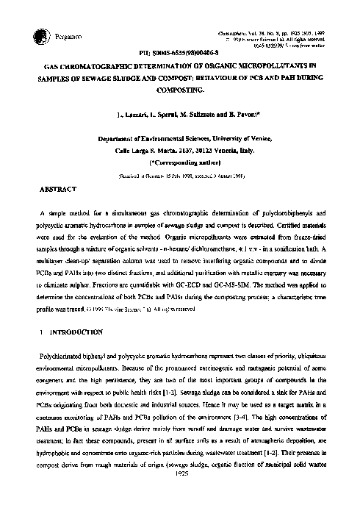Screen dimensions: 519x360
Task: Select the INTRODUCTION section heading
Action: click(66, 312)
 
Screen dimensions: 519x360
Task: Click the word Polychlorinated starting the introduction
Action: click(64, 334)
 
